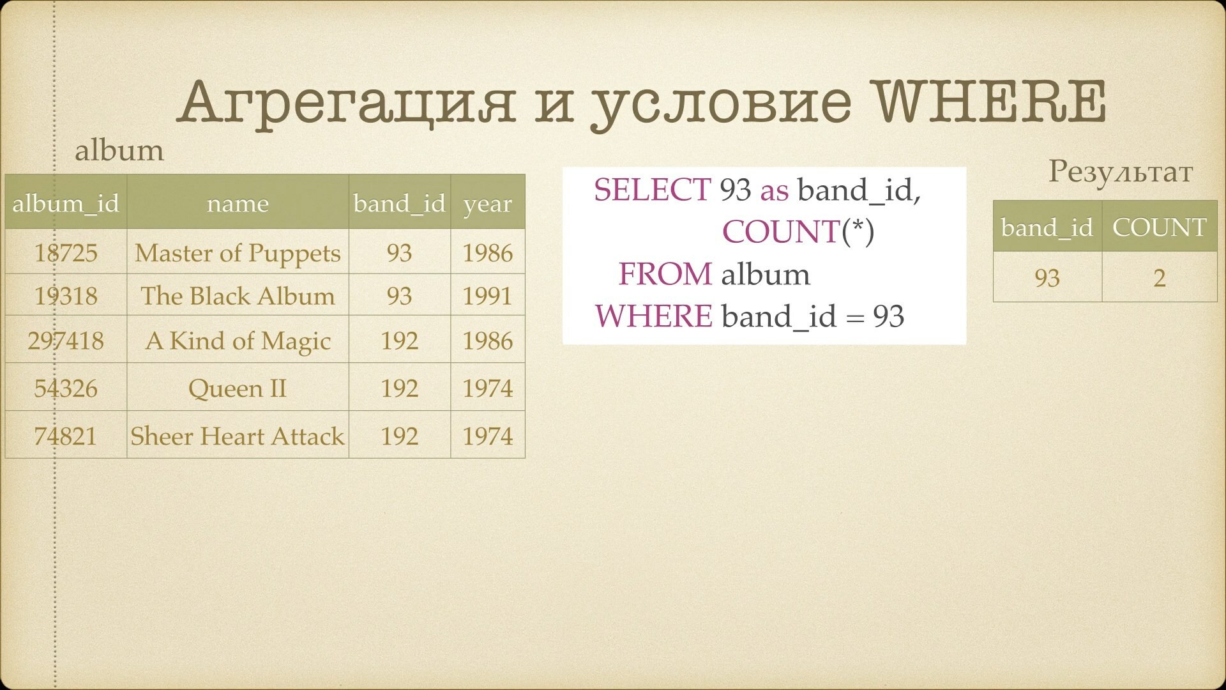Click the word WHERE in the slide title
pyautogui.click(x=990, y=102)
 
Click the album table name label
pyautogui.click(x=119, y=151)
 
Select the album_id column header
pyautogui.click(x=66, y=203)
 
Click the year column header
pyautogui.click(x=488, y=203)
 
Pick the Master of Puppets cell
pyautogui.click(x=238, y=252)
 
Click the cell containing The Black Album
pyautogui.click(x=238, y=295)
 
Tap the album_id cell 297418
pyautogui.click(x=66, y=340)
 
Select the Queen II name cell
pyautogui.click(x=238, y=388)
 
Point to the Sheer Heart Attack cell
pyautogui.click(x=238, y=436)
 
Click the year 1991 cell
pyautogui.click(x=488, y=295)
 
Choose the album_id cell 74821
pyautogui.click(x=66, y=436)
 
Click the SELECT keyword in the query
pyautogui.click(x=652, y=190)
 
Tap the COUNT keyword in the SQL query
pyautogui.click(x=780, y=231)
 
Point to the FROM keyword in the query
pyautogui.click(x=665, y=274)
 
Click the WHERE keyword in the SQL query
pyautogui.click(x=654, y=316)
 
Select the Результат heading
pyautogui.click(x=1121, y=172)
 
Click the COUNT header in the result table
pyautogui.click(x=1160, y=227)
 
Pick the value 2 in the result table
pyautogui.click(x=1160, y=277)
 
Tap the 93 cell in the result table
pyautogui.click(x=1047, y=277)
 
